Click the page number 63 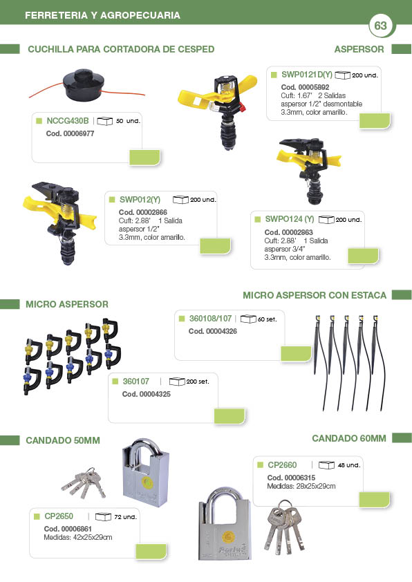point(381,26)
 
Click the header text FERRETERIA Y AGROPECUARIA point(102,15)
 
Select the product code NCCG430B point(67,120)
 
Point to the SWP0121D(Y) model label point(307,74)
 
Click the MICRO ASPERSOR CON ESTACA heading point(315,295)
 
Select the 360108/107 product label point(210,319)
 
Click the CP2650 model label point(59,516)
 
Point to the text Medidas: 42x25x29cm point(77,537)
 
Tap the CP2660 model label point(282,465)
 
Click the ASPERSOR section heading point(359,49)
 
